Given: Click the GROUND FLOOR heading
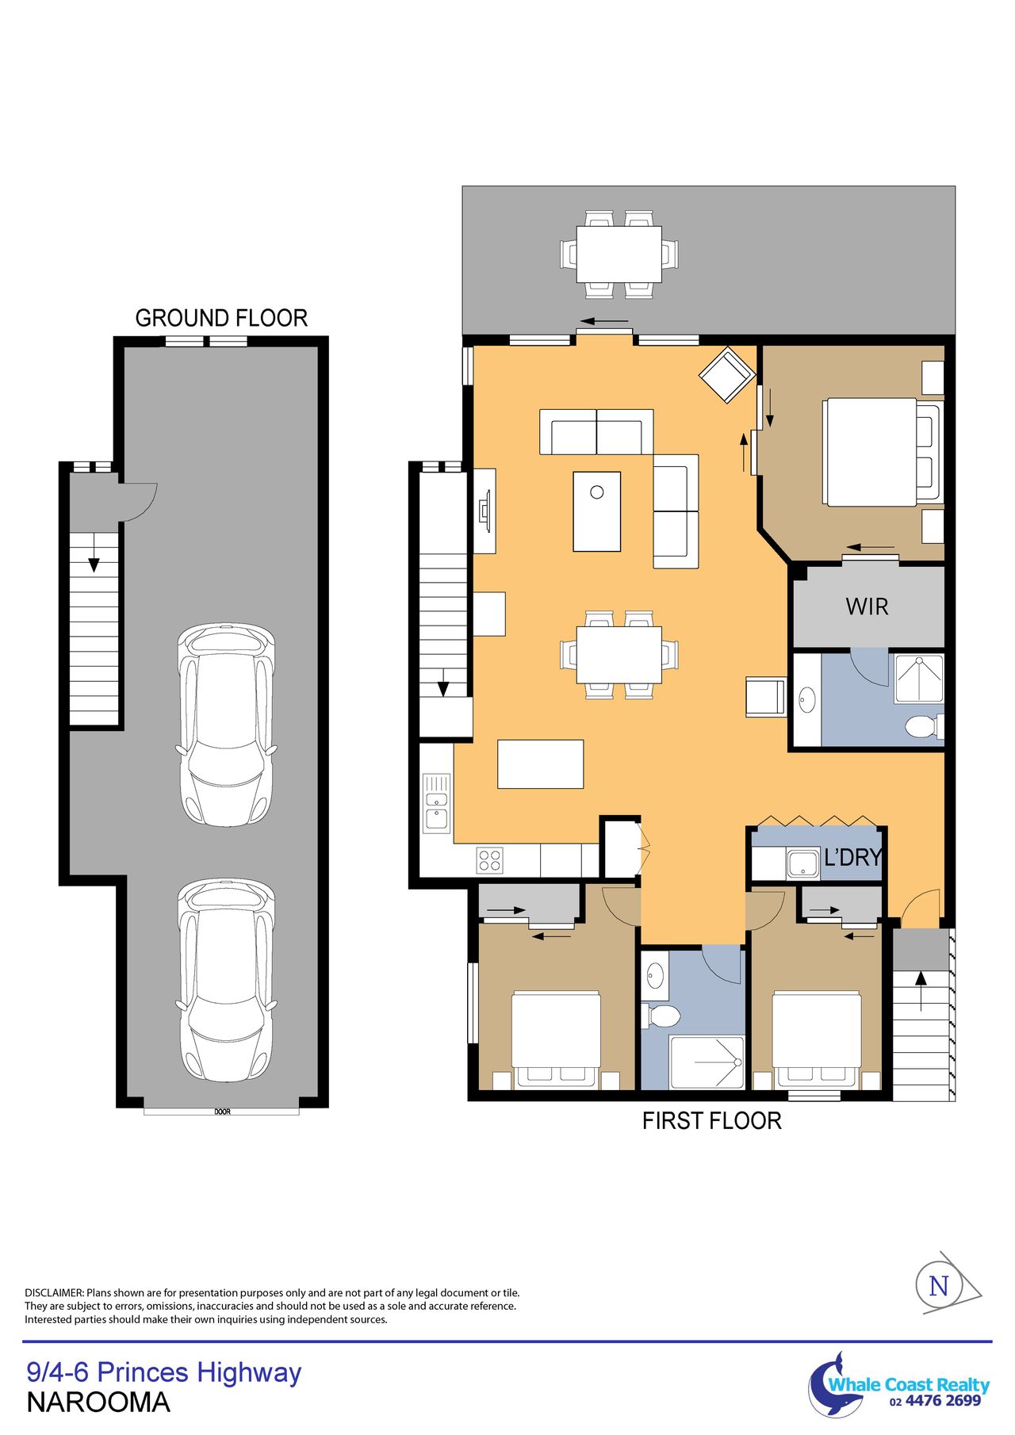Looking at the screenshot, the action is pyautogui.click(x=221, y=318).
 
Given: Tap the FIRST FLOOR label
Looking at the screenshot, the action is pyautogui.click(x=711, y=1121).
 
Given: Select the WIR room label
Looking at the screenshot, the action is pyautogui.click(x=867, y=607).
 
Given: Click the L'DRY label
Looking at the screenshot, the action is pyautogui.click(x=853, y=857).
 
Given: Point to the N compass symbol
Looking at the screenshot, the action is pyautogui.click(x=939, y=1286).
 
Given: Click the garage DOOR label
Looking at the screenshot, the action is pyautogui.click(x=222, y=1112).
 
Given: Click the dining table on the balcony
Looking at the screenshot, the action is pyautogui.click(x=619, y=254).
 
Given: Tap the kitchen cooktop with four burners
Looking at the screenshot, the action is pyautogui.click(x=489, y=860).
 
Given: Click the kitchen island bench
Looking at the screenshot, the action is pyautogui.click(x=540, y=764).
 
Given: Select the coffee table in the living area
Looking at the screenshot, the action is pyautogui.click(x=597, y=511).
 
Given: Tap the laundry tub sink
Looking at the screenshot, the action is pyautogui.click(x=802, y=863).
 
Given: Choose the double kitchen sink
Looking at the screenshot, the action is pyautogui.click(x=436, y=802).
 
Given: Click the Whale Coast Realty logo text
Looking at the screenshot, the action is pyautogui.click(x=909, y=1384).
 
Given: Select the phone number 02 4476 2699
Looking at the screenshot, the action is pyautogui.click(x=936, y=1401).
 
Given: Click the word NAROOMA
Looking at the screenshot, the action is pyautogui.click(x=98, y=1402).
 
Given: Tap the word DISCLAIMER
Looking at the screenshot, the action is pyautogui.click(x=54, y=1293).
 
